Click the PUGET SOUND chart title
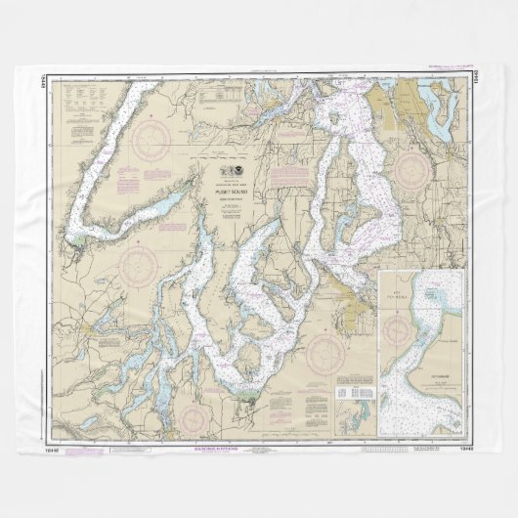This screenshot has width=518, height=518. (232, 193)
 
